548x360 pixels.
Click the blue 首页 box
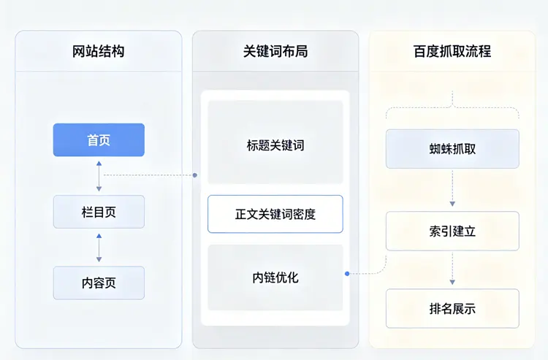[99, 140]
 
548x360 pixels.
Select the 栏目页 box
[99, 212]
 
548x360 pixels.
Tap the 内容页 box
[99, 283]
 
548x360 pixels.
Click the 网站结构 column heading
[99, 51]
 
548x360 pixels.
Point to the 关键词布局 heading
[275, 51]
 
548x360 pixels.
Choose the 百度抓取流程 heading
[452, 51]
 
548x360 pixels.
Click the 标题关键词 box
[275, 145]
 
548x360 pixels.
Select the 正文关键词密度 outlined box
[275, 214]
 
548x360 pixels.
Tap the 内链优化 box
[275, 277]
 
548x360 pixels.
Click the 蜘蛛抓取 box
[452, 149]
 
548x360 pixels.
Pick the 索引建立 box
[452, 231]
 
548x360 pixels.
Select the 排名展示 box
[452, 308]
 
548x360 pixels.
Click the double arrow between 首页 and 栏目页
[99, 176]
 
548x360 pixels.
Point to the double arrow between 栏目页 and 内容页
[99, 248]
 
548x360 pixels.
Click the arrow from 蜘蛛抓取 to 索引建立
[452, 188]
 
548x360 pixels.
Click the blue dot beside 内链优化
[346, 274]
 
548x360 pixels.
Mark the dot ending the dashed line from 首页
[196, 175]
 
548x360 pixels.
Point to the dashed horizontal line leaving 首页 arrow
[150, 175]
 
